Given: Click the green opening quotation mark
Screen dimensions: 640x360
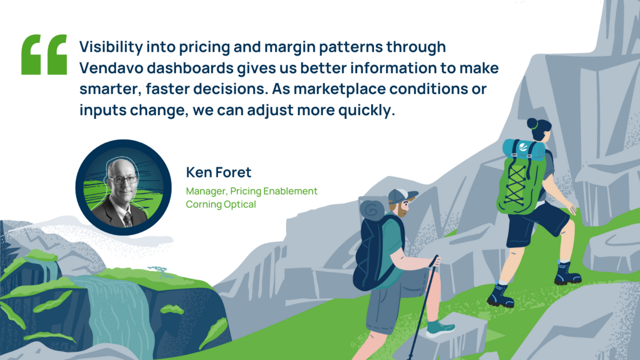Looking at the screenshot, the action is [x=44, y=54].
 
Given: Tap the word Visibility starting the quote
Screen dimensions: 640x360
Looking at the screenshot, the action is [x=111, y=47].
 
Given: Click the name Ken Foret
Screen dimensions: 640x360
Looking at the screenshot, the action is [x=219, y=172].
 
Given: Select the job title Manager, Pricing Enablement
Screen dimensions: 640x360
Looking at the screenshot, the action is [x=251, y=191].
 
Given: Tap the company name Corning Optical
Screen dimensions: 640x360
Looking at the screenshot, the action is [x=221, y=205].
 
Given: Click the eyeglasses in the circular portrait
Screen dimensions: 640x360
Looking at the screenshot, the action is [x=123, y=180].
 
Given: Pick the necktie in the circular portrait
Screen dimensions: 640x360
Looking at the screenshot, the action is [x=127, y=219].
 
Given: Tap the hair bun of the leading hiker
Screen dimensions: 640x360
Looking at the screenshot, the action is [x=533, y=124].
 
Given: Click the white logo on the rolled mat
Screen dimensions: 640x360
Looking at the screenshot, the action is [x=523, y=147].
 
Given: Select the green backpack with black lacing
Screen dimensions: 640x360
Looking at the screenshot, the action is [x=520, y=186].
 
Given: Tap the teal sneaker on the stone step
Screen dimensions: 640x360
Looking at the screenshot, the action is [x=439, y=329].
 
